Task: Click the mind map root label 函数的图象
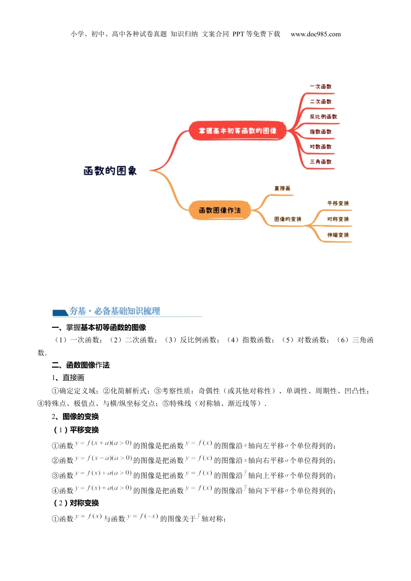pyautogui.click(x=110, y=171)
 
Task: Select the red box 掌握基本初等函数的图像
pyautogui.click(x=238, y=131)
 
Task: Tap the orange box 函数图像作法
pyautogui.click(x=220, y=211)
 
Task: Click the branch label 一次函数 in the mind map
pyautogui.click(x=321, y=86)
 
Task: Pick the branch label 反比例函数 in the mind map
pyautogui.click(x=323, y=117)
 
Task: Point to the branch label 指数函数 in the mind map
pyautogui.click(x=321, y=132)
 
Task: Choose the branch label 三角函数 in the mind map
pyautogui.click(x=321, y=162)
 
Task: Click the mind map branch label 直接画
pyautogui.click(x=282, y=188)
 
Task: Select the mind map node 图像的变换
pyautogui.click(x=288, y=219)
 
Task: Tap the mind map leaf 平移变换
pyautogui.click(x=338, y=203)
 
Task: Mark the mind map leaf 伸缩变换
pyautogui.click(x=338, y=235)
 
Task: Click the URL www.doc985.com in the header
pyautogui.click(x=315, y=34)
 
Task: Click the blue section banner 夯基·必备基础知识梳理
pyautogui.click(x=115, y=311)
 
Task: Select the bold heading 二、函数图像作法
pyautogui.click(x=80, y=365)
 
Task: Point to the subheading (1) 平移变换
pyautogui.click(x=76, y=430)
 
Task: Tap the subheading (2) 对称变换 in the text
pyautogui.click(x=76, y=503)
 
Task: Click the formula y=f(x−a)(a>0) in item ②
pyautogui.click(x=103, y=458)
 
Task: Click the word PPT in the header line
pyautogui.click(x=238, y=34)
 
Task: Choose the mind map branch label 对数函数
pyautogui.click(x=321, y=147)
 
